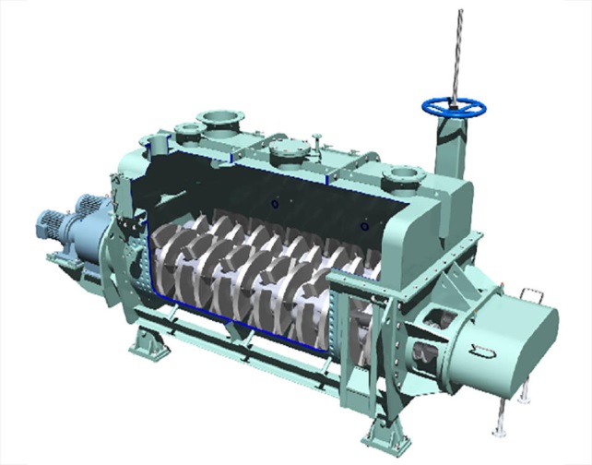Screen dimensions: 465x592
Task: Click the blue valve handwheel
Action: click(454, 106)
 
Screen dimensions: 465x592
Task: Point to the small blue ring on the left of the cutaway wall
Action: click(272, 202)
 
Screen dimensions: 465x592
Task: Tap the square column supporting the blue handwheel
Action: click(452, 148)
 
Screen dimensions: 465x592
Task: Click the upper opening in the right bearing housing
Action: click(432, 319)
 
